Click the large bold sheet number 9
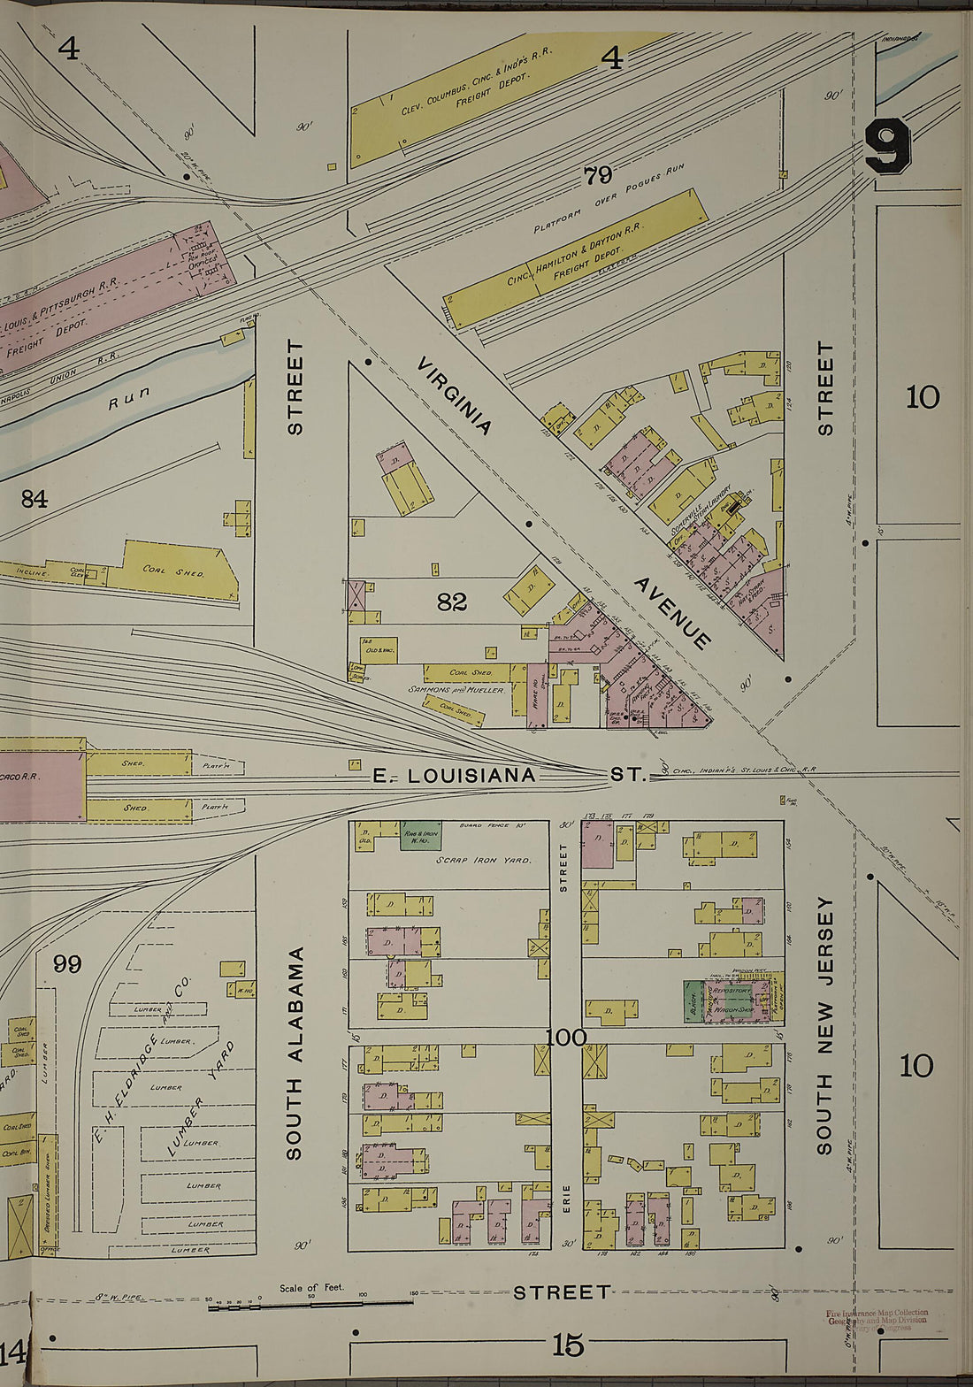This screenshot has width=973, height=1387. coord(888,147)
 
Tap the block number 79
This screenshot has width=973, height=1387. coord(598,175)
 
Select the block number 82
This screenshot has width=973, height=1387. coord(451,602)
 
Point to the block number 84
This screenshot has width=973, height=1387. coord(34,500)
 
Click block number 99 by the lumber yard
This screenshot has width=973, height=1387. coord(66,963)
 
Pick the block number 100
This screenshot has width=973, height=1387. coord(566,1037)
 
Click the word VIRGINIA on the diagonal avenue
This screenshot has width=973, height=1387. coord(455,395)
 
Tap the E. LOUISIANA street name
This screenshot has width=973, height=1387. coord(454,776)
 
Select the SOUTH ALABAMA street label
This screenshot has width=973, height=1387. coord(295,1053)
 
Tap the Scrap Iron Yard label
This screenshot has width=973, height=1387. coord(493,860)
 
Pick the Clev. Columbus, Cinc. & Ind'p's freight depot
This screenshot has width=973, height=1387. coord(478,95)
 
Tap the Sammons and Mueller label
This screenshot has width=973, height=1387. coord(456,689)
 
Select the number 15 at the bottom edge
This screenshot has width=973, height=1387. coord(568,1345)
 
